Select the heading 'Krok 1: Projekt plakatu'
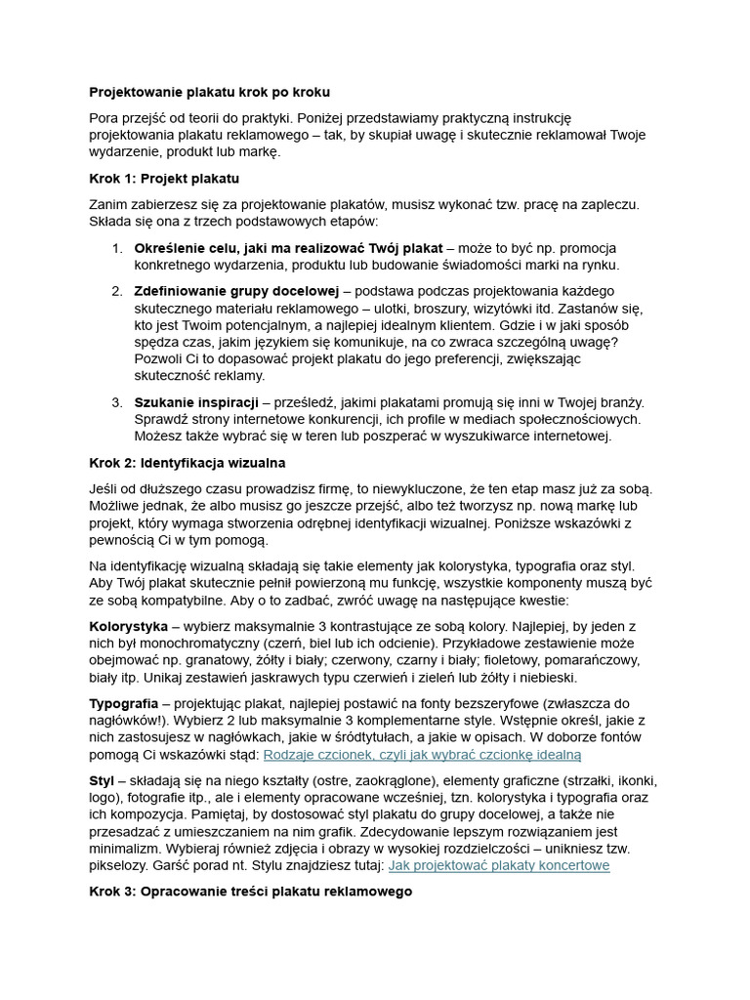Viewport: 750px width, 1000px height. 164,179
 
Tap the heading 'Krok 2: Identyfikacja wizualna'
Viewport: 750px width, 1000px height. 187,462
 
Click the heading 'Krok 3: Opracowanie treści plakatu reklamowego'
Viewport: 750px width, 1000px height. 250,891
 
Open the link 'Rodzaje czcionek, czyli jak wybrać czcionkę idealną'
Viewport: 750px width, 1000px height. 422,754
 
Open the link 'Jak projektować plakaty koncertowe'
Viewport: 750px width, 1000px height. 499,864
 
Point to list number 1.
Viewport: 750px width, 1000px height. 115,248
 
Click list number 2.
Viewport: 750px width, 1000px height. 115,290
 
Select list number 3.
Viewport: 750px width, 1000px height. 115,401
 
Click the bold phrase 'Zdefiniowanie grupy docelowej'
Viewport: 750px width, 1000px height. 236,290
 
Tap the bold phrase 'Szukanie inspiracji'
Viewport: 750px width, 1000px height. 196,401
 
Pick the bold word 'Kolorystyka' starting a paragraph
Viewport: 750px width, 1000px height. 128,625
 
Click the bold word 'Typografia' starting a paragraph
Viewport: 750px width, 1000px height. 123,703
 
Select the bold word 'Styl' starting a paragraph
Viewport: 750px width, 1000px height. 102,780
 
